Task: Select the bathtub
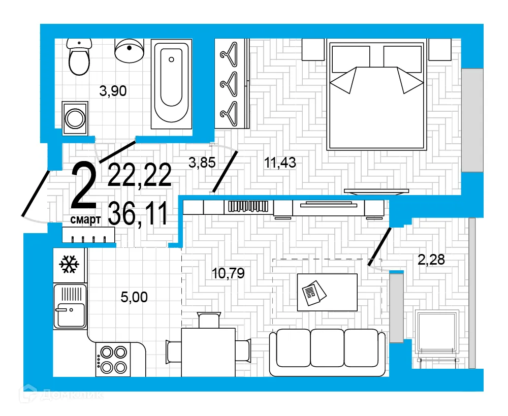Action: (x=172, y=83)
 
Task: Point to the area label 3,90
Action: (x=113, y=91)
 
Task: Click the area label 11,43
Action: (x=280, y=163)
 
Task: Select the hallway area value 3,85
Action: (x=202, y=163)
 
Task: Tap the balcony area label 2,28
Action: (x=431, y=260)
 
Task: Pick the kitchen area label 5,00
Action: (x=134, y=297)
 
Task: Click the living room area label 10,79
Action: (x=228, y=273)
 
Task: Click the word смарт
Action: (x=85, y=219)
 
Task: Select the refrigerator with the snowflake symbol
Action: (x=70, y=265)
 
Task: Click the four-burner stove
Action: (x=113, y=359)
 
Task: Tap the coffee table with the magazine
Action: (x=327, y=292)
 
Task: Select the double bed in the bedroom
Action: (x=376, y=96)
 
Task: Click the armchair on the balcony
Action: (x=437, y=332)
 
